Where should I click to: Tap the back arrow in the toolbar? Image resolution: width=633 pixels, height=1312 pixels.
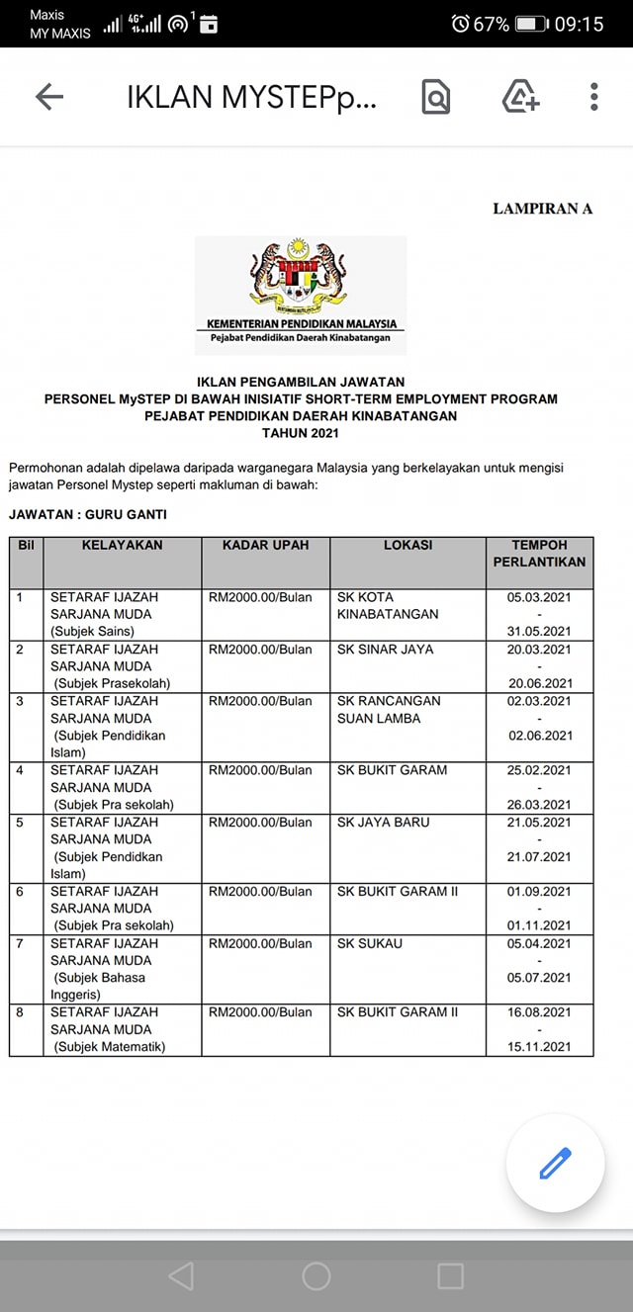[48, 97]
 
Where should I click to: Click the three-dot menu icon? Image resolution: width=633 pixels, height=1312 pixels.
[593, 97]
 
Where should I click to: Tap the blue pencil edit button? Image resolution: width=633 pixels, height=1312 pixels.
[555, 1164]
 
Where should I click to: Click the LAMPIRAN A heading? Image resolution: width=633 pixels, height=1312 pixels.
[542, 209]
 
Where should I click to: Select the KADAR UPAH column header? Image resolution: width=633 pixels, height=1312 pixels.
[265, 546]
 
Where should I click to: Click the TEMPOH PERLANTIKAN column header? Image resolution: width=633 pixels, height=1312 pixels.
[539, 554]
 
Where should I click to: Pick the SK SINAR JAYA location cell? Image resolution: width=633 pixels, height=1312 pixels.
[385, 650]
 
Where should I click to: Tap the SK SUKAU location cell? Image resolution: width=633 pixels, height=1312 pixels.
[370, 943]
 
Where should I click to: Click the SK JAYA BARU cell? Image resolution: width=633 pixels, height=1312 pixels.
[384, 823]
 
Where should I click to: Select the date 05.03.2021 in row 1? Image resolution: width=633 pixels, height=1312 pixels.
[539, 597]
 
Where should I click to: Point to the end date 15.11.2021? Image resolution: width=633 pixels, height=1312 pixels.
[539, 1047]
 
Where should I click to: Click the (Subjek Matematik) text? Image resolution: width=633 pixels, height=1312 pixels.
[110, 1047]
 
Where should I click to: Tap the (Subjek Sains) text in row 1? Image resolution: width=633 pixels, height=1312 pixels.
[95, 632]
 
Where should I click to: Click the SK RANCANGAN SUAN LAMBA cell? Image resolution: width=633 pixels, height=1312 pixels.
[389, 710]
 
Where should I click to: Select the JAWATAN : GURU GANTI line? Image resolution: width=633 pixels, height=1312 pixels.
[88, 515]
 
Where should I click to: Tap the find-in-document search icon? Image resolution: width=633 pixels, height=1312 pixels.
[435, 97]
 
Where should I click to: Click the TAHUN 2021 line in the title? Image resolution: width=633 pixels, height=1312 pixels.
[301, 433]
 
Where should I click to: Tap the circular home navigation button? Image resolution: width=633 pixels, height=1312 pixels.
[316, 1275]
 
